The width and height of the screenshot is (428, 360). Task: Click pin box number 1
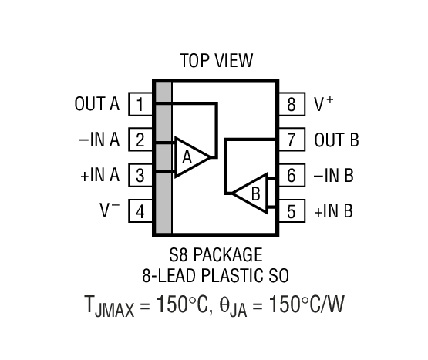140,104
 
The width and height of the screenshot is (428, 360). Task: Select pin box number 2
140,140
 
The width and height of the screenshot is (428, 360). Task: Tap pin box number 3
140,175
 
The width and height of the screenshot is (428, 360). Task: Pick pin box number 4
140,210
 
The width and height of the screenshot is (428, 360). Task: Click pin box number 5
291,210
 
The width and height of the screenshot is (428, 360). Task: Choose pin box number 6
291,175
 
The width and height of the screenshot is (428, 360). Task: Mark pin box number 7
291,140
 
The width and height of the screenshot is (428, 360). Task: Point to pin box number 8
291,104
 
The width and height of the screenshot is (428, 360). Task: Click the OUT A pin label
97,104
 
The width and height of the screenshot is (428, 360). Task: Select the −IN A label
99,140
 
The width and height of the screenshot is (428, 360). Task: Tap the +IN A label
99,175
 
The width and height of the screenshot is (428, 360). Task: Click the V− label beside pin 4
110,209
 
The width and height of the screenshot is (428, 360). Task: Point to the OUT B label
336,140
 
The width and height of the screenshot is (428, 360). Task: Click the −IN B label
333,176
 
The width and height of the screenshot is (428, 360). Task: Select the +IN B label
333,210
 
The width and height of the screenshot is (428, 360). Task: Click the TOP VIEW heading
216,60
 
